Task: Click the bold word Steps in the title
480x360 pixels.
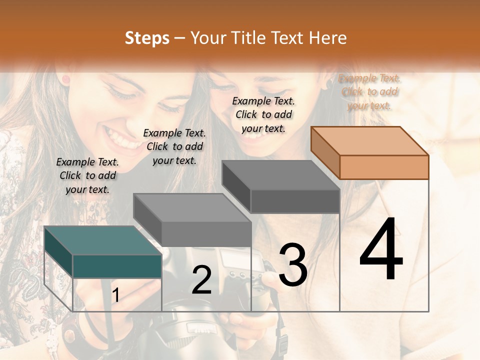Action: click(147, 38)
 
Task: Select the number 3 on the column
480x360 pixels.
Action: click(292, 264)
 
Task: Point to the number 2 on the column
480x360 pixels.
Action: click(201, 280)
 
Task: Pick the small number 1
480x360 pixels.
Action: click(115, 295)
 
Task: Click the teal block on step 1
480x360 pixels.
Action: click(117, 265)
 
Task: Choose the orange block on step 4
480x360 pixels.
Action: click(384, 166)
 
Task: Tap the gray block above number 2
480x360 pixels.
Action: click(206, 233)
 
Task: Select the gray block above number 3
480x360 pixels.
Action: click(295, 201)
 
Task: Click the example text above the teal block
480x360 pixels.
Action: click(87, 175)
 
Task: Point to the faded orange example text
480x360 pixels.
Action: click(369, 91)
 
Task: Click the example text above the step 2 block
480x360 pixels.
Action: click(174, 146)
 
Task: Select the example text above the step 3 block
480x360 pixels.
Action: click(263, 114)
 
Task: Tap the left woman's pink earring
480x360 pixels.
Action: click(65, 79)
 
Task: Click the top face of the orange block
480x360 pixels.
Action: click(369, 140)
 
